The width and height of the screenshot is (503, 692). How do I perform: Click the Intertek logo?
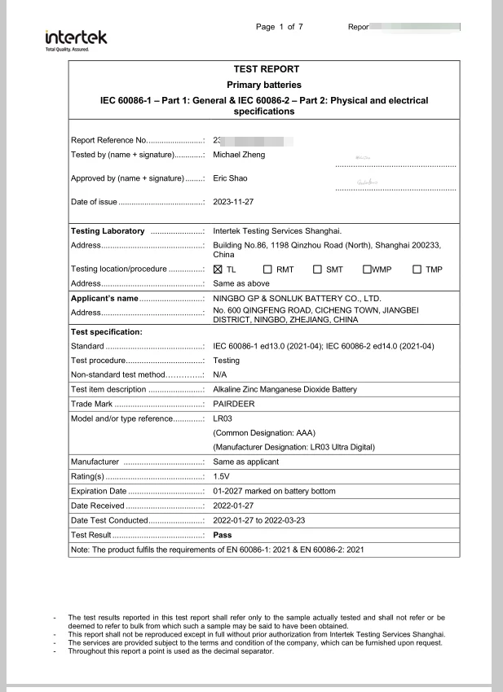[76, 39]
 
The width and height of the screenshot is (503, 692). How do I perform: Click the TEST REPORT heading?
[266, 69]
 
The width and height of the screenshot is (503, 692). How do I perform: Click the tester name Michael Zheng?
[238, 155]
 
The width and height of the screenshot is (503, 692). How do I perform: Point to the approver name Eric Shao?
[230, 178]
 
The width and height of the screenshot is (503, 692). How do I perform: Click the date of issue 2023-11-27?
[233, 202]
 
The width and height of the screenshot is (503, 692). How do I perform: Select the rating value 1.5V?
[221, 476]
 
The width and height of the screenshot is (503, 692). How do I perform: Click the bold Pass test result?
[222, 535]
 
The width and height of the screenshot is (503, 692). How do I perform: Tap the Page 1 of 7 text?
[280, 27]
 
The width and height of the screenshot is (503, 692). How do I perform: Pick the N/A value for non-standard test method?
[219, 374]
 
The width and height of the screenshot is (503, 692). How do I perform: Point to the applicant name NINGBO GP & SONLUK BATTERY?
[297, 299]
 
